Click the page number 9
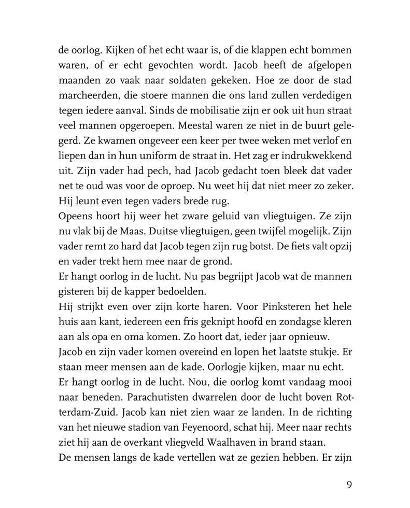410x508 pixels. (x=349, y=485)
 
